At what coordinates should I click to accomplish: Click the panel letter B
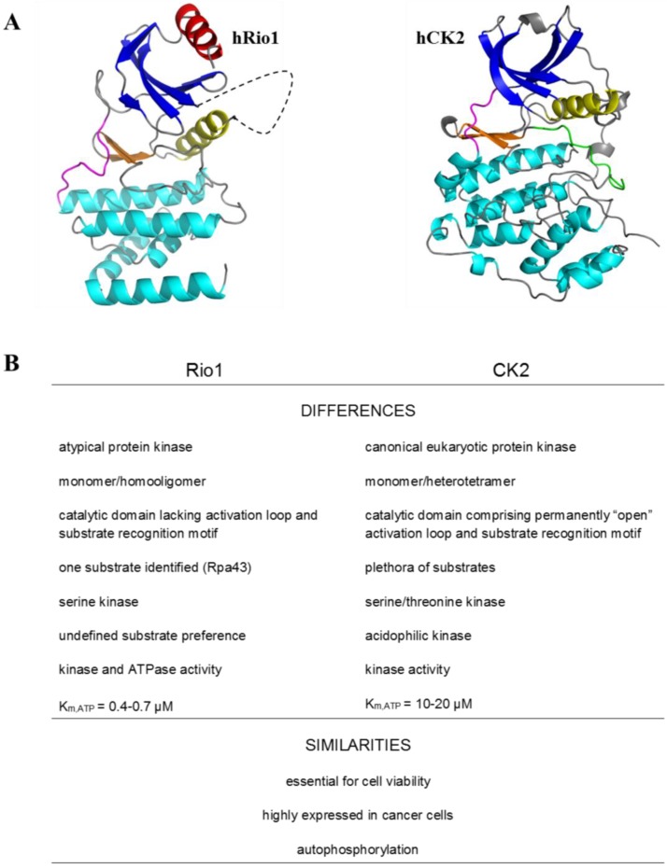click(x=13, y=360)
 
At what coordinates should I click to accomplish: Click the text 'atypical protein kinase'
click(x=125, y=447)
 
